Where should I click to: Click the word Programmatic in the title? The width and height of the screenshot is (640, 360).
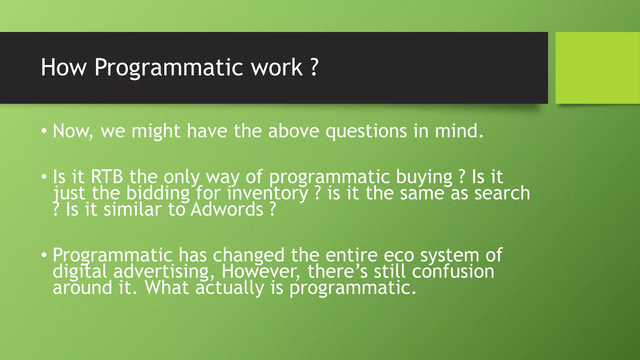click(169, 67)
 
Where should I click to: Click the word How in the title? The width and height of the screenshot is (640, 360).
click(63, 67)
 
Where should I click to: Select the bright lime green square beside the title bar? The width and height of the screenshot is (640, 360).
click(597, 68)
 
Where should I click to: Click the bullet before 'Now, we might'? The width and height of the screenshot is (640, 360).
click(44, 131)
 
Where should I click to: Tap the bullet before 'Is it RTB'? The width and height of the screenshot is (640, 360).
click(44, 177)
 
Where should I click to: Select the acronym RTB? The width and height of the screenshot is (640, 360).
click(107, 177)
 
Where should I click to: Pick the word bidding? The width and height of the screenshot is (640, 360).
click(158, 193)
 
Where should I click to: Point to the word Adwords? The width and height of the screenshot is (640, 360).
click(227, 209)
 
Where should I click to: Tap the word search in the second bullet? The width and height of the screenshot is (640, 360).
click(502, 193)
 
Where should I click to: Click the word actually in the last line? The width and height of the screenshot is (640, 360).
click(230, 288)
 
